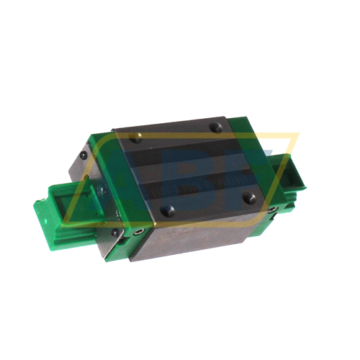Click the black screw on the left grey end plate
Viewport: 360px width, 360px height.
pyautogui.click(x=84, y=155)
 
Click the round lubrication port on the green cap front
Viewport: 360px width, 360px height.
pyautogui.click(x=138, y=232)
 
